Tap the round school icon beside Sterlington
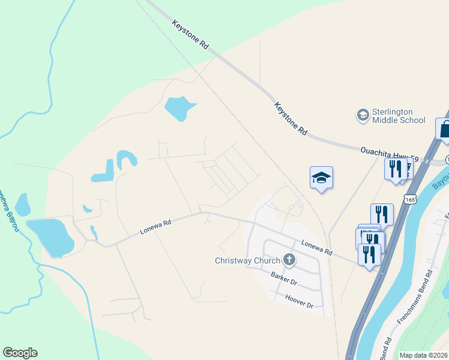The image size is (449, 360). click(363, 115)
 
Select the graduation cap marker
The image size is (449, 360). click(321, 178)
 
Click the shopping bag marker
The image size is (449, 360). click(445, 128)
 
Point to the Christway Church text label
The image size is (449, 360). click(248, 260)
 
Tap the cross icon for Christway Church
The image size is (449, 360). click(289, 260)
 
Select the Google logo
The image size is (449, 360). click(20, 353)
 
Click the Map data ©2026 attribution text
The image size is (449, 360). click(423, 355)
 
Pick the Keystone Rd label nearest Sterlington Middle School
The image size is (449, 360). click(291, 118)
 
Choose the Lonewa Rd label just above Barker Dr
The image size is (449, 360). click(316, 248)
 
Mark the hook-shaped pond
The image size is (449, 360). click(127, 158)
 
